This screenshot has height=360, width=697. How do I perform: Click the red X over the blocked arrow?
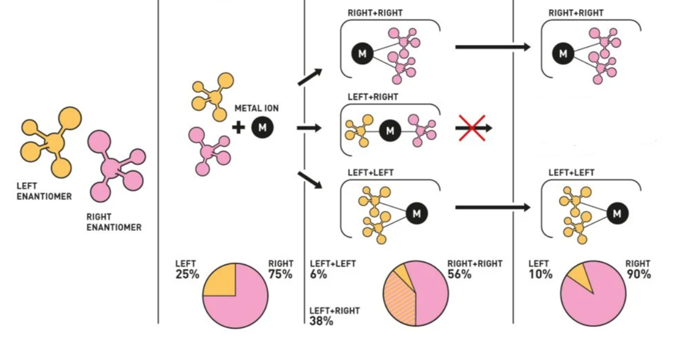click(x=472, y=128)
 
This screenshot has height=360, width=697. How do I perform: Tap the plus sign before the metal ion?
click(x=239, y=127)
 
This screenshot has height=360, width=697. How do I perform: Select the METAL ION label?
click(x=256, y=108)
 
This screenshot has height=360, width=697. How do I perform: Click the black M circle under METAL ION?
click(x=262, y=127)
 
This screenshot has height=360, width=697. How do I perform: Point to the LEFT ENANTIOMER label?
click(x=44, y=191)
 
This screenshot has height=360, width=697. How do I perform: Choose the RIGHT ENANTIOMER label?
click(x=114, y=222)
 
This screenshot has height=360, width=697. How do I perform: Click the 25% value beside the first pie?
click(x=187, y=274)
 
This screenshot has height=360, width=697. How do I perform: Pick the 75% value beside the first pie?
click(x=280, y=274)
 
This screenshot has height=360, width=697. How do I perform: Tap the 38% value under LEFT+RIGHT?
click(x=321, y=321)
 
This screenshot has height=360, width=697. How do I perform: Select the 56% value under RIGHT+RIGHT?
click(x=460, y=274)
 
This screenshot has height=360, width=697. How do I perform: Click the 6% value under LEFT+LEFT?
click(x=319, y=274)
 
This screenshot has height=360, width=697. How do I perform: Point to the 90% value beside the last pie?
click(x=639, y=274)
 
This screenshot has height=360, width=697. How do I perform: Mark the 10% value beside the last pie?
click(x=541, y=274)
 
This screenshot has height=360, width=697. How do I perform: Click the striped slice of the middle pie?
click(x=399, y=300)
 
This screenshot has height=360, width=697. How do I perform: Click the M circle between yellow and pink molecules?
click(x=390, y=131)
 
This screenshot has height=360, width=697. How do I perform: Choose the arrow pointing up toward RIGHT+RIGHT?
click(x=310, y=77)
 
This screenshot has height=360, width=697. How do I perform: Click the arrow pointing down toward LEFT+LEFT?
click(x=310, y=180)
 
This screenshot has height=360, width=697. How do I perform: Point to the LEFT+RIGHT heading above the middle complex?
click(x=373, y=97)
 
